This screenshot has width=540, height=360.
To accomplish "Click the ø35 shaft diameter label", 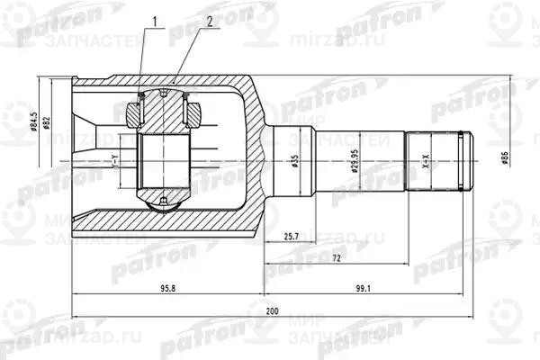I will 294,164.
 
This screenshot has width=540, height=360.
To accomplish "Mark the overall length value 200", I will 272,310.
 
